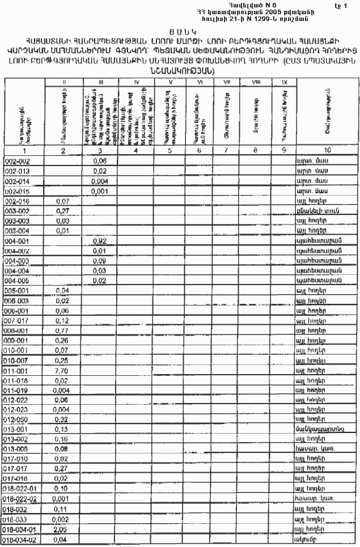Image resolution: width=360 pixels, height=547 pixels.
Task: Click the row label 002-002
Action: coord(18,162)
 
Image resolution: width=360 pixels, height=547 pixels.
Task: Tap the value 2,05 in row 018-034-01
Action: coord(63,528)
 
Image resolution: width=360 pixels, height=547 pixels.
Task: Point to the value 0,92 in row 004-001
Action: coord(99,241)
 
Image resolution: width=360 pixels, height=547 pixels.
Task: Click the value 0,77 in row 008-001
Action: coord(63,330)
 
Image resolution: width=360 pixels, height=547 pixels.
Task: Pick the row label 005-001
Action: coord(18,290)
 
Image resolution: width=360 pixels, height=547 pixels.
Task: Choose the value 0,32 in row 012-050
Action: coord(63,419)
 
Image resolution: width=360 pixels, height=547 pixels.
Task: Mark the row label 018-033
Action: coord(18,519)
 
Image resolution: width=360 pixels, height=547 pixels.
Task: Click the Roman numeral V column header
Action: coord(171,83)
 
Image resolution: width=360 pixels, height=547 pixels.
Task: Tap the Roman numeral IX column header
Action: coord(284,83)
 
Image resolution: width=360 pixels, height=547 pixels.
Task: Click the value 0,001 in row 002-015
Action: coord(99,191)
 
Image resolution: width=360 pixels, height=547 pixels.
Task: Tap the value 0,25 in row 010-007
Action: coord(63,360)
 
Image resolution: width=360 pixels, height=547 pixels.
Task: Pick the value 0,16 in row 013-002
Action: coord(63,439)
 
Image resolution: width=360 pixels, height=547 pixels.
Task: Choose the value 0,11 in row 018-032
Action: coord(63,508)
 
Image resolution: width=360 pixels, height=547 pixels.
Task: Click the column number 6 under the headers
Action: coord(199,151)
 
